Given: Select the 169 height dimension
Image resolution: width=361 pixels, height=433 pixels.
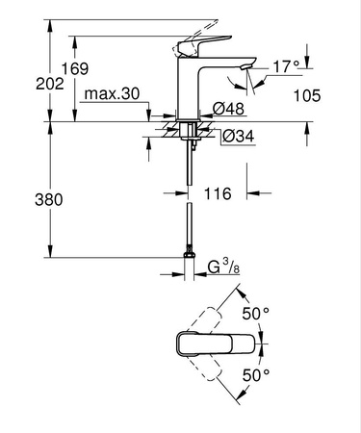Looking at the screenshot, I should (x=78, y=68).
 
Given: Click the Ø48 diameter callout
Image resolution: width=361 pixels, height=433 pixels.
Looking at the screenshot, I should (x=221, y=107).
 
